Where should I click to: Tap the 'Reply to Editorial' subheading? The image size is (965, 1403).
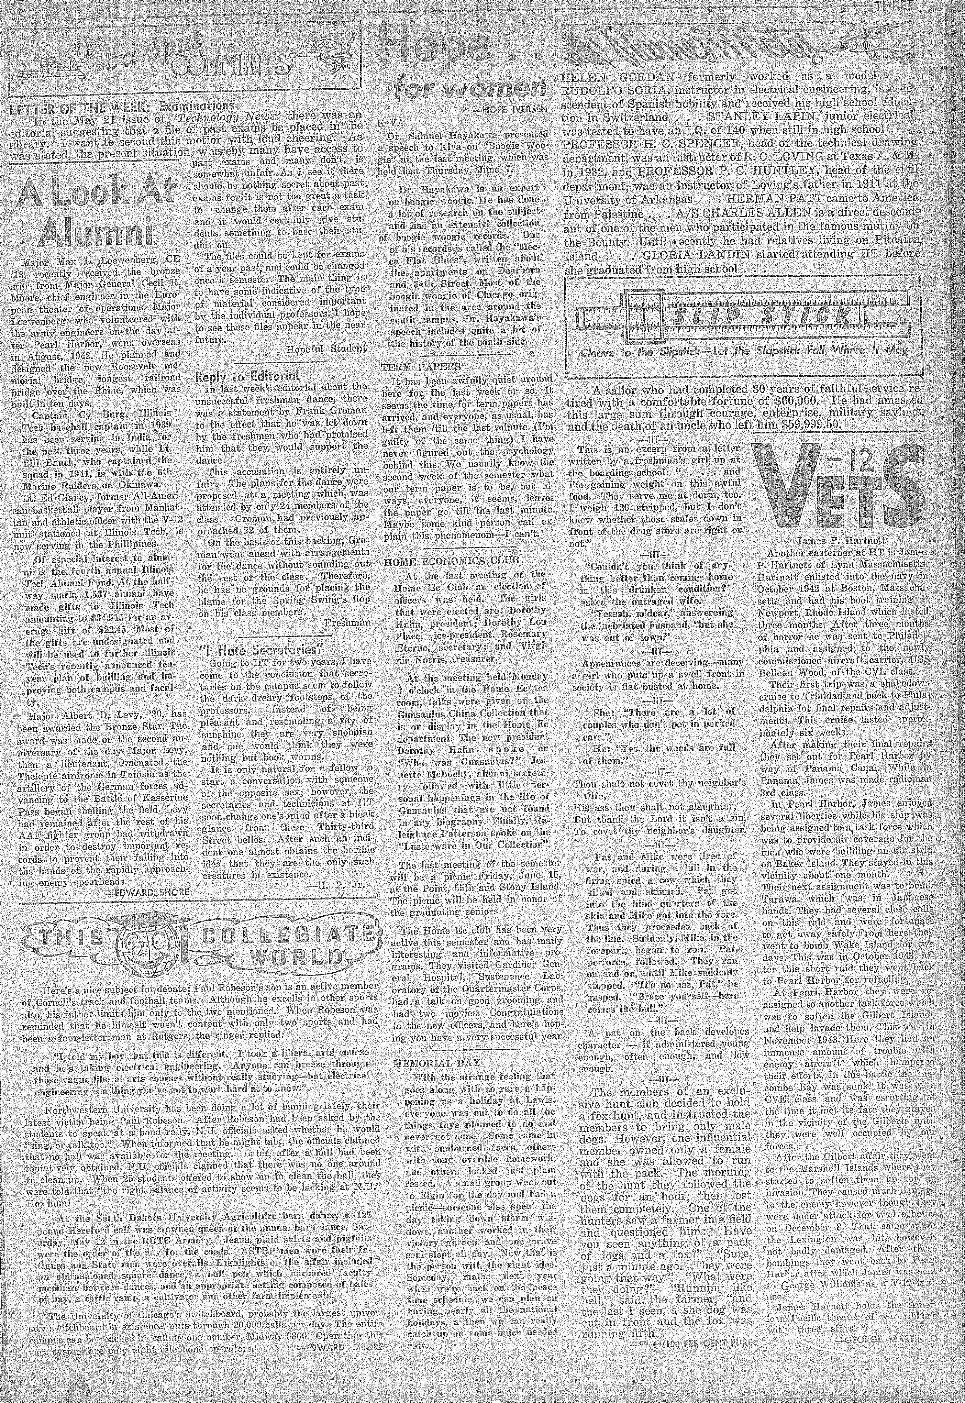point(248,376)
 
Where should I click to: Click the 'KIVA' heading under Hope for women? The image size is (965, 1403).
point(388,122)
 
